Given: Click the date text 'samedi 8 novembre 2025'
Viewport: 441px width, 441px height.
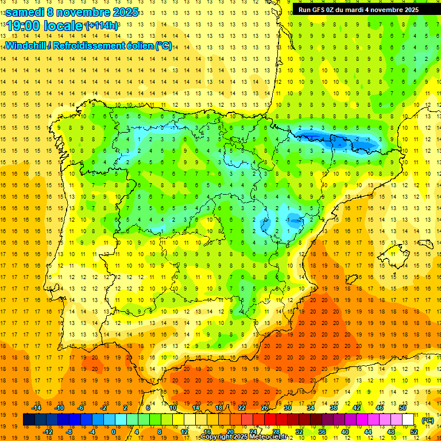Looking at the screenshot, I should click(72, 12).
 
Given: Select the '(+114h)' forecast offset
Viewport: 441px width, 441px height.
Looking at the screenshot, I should click(102, 26).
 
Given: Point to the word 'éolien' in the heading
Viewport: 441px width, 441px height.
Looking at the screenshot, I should click(136, 45).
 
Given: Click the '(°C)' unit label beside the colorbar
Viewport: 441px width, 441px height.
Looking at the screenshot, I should click(427, 420).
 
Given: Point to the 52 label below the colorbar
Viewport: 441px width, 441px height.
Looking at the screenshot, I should click(414, 432).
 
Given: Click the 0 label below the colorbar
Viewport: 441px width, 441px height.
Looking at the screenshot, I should click(114, 432).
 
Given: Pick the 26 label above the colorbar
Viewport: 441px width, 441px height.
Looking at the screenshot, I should click(265, 408).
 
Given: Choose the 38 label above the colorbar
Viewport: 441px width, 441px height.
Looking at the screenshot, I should click(334, 408).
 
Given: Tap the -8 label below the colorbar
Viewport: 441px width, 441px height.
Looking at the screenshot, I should click(69, 432).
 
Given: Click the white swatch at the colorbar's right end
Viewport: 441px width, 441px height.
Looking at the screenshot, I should click(408, 420).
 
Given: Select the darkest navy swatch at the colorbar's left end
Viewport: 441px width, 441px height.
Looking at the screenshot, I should click(29, 420).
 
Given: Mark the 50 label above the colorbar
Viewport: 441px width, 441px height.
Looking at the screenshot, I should click(403, 408).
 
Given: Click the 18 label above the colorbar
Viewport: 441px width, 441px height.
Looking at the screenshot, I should click(219, 408).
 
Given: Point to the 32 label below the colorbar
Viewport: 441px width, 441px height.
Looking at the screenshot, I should click(299, 432).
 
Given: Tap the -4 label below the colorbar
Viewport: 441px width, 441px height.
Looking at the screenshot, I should click(92, 432).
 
